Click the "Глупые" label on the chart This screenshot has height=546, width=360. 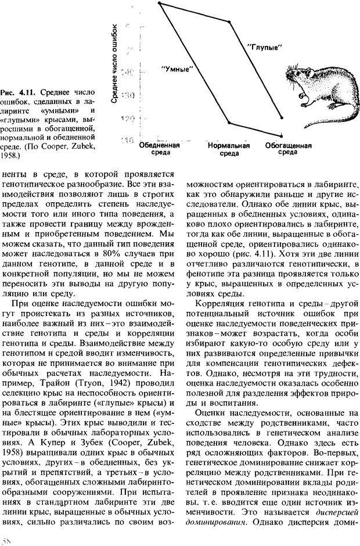(x=264, y=47)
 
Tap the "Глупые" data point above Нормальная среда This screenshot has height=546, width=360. (x=231, y=22)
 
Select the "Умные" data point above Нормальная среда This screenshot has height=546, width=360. (x=231, y=123)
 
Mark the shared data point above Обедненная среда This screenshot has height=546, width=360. (x=160, y=3)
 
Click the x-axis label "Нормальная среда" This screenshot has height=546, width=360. (x=229, y=150)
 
